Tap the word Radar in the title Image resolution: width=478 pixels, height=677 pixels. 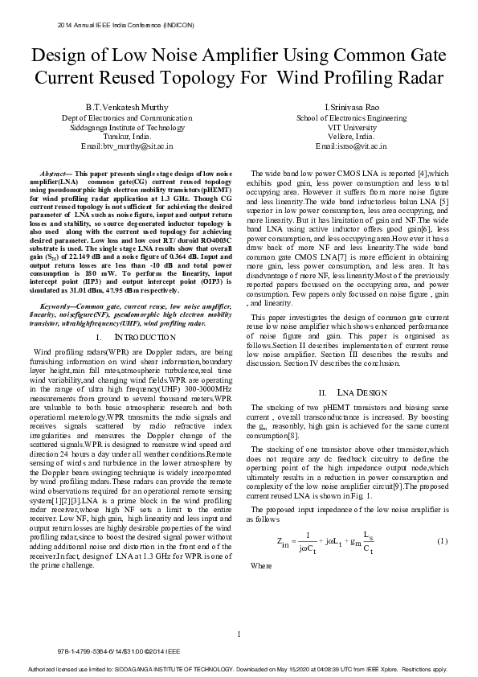point(415,78)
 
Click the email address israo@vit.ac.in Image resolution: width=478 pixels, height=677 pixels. point(352,147)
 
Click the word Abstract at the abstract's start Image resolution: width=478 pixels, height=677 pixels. point(54,174)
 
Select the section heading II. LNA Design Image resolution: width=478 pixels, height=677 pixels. point(352,392)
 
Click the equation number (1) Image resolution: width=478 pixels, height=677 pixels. point(441,540)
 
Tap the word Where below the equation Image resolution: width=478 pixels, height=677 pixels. point(261,566)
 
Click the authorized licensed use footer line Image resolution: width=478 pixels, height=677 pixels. point(239,669)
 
